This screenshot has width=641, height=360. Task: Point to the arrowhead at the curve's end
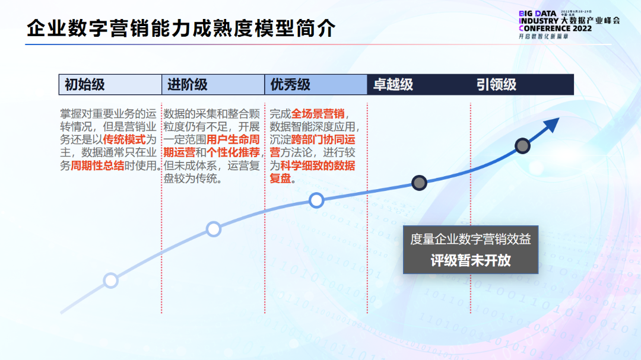point(552,125)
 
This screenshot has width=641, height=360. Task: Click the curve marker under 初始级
point(111,280)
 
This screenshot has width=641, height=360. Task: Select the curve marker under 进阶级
point(213,229)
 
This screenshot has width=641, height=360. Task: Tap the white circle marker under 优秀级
point(316,200)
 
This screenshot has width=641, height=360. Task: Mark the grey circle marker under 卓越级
point(419,183)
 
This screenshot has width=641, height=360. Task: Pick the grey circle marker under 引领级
point(522,145)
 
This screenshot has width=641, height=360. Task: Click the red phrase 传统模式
point(124,140)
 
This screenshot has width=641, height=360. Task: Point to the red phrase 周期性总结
point(97,166)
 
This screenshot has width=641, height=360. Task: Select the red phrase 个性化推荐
point(234,153)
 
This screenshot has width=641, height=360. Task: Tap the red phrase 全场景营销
point(318,114)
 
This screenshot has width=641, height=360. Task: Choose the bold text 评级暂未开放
point(471,260)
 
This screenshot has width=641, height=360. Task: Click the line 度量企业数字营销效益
point(471,239)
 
